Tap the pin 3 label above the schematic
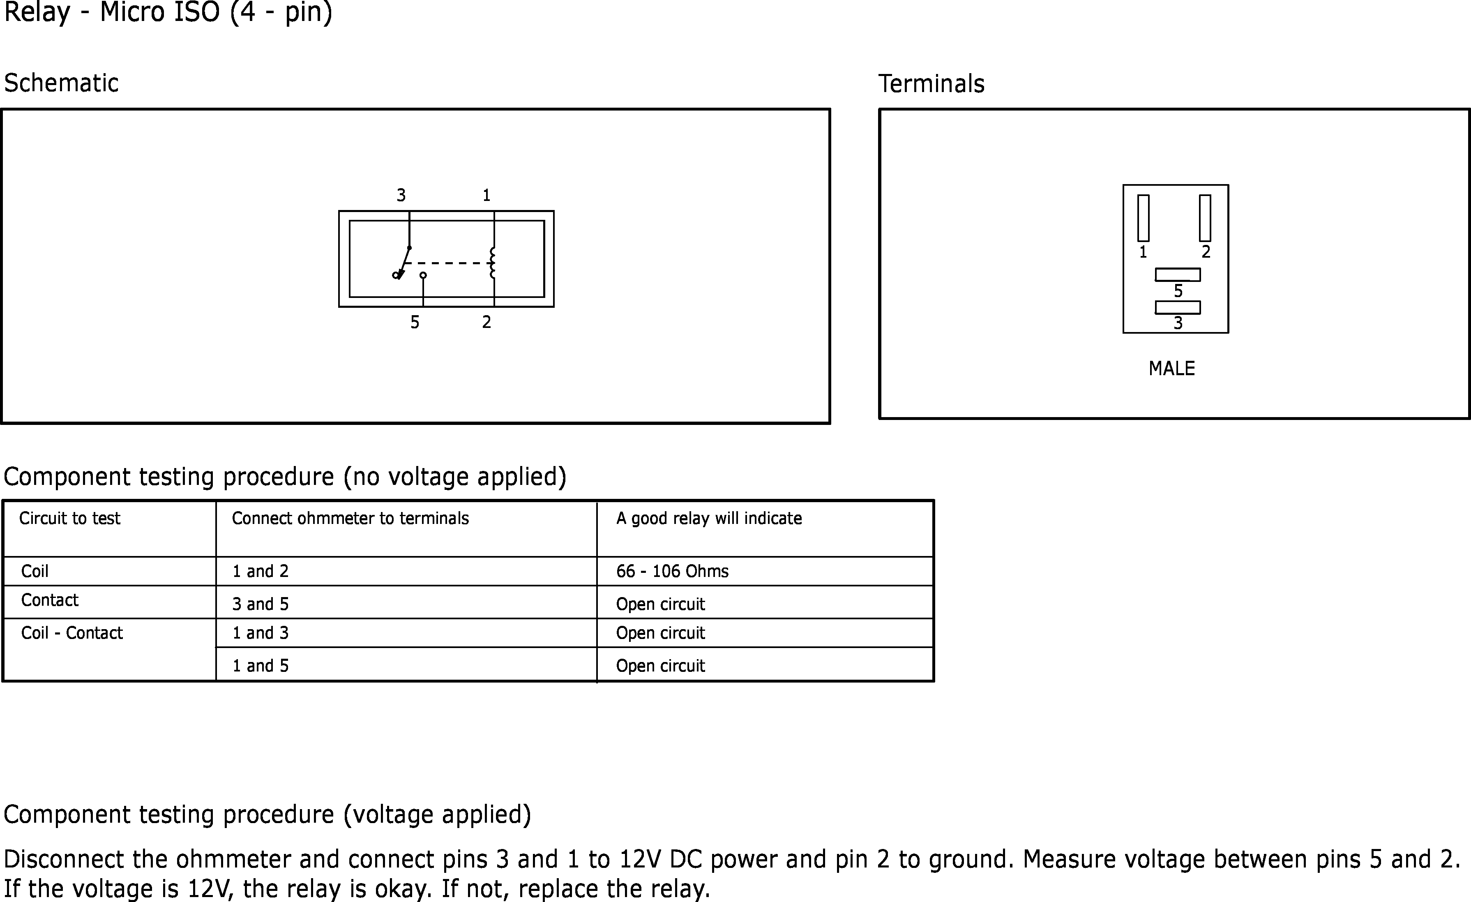401,195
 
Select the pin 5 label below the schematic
415,322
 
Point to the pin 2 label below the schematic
486,322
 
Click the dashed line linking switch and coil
448,263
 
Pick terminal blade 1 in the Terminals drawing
1143,218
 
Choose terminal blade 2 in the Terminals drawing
1205,218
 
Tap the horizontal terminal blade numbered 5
1177,275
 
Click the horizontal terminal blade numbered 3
1177,307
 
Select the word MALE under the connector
1171,368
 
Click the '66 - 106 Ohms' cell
672,571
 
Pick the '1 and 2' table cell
260,571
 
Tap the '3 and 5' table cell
260,604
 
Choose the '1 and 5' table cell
260,666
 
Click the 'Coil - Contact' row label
71,633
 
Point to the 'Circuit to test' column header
69,518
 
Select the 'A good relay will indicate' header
709,518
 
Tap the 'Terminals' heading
931,83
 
